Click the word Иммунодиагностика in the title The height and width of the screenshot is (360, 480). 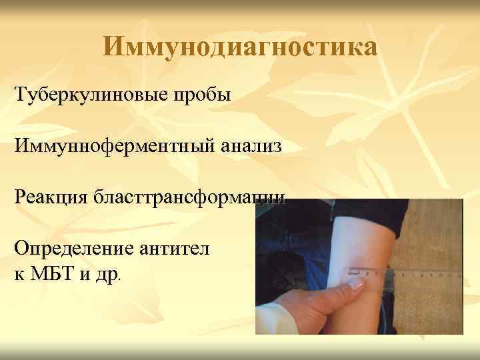[240, 47]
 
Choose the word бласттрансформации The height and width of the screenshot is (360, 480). [194, 198]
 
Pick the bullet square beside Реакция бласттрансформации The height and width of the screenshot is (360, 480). [5, 198]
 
